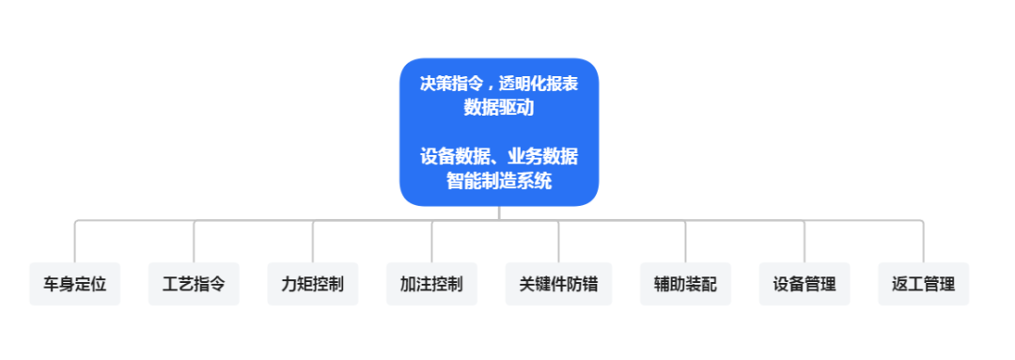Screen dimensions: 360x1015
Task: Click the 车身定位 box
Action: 75,284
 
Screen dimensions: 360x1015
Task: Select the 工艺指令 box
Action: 194,284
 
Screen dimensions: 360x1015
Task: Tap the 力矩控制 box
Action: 312,284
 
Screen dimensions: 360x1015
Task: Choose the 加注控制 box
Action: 431,284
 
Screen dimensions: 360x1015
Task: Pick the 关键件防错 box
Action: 558,284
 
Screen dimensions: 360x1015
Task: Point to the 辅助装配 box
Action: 685,284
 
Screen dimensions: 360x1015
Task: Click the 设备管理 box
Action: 804,284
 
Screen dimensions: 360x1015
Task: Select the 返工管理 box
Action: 923,284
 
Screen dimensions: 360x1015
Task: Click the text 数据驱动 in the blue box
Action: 499,107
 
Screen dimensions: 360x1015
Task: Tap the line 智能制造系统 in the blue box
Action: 499,180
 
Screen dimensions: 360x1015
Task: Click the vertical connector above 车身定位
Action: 75,242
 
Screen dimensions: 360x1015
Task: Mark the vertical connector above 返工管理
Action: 923,242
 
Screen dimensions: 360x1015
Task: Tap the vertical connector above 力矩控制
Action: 312,242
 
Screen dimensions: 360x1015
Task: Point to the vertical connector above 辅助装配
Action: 685,242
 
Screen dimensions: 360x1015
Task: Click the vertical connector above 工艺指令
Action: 194,242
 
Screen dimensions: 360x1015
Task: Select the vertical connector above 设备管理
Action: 804,242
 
